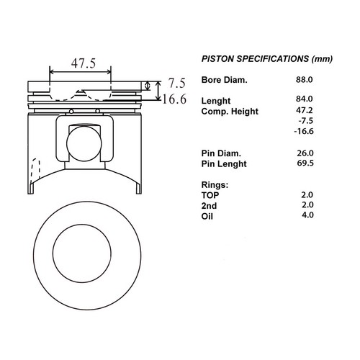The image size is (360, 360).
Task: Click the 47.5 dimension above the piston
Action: (84, 63)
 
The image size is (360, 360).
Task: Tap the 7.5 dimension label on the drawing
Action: (177, 84)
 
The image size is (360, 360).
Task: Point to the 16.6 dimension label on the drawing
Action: (174, 99)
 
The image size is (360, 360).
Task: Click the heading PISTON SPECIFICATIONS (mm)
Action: (267, 59)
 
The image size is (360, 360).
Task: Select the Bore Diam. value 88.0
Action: (304, 79)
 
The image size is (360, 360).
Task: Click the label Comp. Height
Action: (230, 112)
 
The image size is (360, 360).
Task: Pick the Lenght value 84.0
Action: (304, 99)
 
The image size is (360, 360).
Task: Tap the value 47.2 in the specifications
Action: (304, 110)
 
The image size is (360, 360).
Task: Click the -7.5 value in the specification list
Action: (305, 120)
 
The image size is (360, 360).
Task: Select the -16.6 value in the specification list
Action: (304, 131)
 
